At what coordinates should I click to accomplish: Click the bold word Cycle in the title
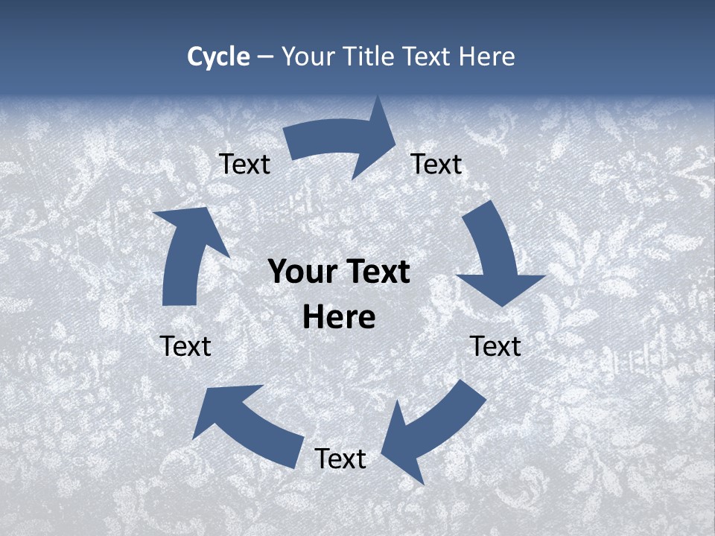(x=218, y=57)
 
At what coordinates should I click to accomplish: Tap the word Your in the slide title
(x=308, y=57)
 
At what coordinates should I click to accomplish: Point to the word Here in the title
(x=486, y=57)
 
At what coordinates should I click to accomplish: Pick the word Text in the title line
(x=427, y=57)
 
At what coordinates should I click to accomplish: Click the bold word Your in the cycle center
(x=301, y=272)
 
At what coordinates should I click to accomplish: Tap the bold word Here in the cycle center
(x=339, y=317)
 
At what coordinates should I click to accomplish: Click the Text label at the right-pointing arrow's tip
(x=436, y=164)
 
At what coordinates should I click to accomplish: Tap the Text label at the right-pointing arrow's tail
(x=245, y=164)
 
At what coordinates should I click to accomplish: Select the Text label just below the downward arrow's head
(x=495, y=346)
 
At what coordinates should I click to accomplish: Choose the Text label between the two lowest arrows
(x=340, y=459)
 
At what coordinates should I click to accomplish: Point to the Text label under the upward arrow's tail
(x=185, y=346)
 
